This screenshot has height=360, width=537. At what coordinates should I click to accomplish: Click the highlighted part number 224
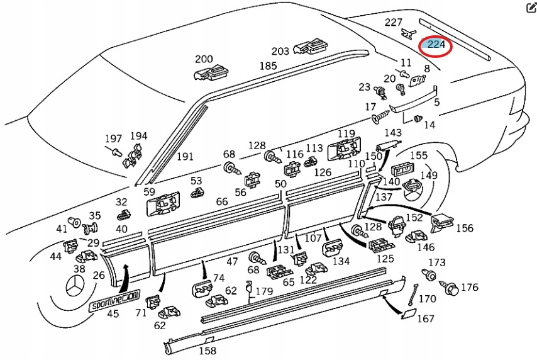[x=436, y=45]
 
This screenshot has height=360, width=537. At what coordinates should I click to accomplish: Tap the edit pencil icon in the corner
[x=529, y=8]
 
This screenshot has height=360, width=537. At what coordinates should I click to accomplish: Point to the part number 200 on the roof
[x=204, y=59]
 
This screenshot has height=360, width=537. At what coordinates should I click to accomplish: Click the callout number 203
[x=280, y=51]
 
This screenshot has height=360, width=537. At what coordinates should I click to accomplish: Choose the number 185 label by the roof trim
[x=268, y=65]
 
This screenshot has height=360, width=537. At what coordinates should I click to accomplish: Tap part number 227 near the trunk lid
[x=394, y=23]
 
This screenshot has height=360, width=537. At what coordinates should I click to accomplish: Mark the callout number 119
[x=346, y=133]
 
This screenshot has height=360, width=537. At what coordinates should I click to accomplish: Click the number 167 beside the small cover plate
[x=426, y=319]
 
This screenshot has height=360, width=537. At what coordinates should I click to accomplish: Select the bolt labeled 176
[x=450, y=290]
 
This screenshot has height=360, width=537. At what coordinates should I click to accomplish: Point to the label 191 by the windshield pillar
[x=185, y=157]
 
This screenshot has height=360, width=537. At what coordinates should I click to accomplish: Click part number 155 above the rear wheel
[x=419, y=155]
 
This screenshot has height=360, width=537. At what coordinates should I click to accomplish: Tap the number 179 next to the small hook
[x=264, y=291]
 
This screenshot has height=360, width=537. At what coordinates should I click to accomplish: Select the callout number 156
[x=465, y=228]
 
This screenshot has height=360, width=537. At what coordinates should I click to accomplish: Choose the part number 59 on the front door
[x=149, y=192]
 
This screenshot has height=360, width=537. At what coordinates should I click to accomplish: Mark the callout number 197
[x=113, y=138]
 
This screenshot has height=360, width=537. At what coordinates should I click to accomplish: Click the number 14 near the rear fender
[x=429, y=125]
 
